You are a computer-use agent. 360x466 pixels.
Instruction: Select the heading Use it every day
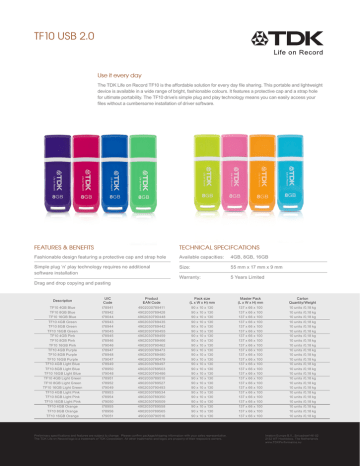pyautogui.click(x=118, y=76)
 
